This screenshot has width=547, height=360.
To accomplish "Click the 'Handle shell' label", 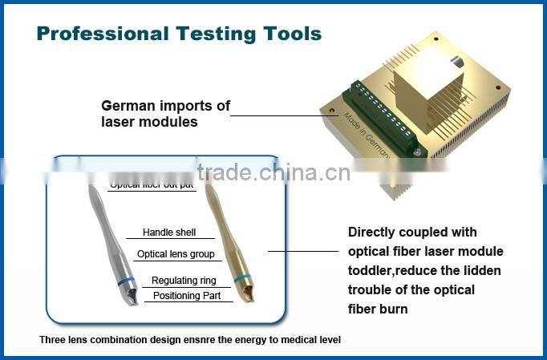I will click(168, 233).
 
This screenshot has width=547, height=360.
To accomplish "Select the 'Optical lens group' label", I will click(175, 254).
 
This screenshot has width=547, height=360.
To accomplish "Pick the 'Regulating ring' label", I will click(184, 281).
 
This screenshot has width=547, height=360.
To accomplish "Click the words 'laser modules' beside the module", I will click(149, 123).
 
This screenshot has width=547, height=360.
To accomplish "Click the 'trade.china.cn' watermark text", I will click(273, 173).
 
